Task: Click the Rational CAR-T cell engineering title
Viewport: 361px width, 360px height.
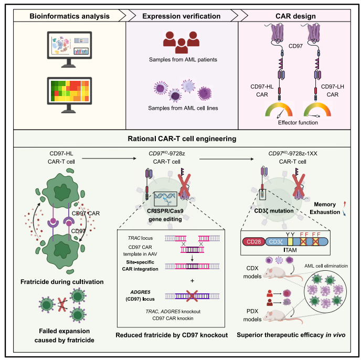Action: pyautogui.click(x=181, y=139)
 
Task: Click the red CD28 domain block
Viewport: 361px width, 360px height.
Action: pyautogui.click(x=256, y=242)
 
